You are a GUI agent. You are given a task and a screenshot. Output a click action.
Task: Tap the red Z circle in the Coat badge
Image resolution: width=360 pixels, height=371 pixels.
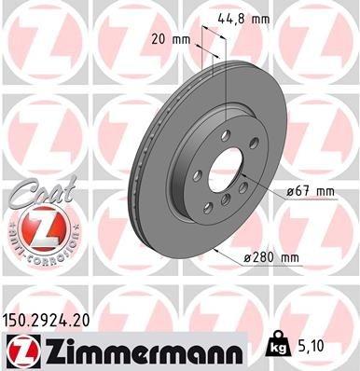click(x=37, y=227)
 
